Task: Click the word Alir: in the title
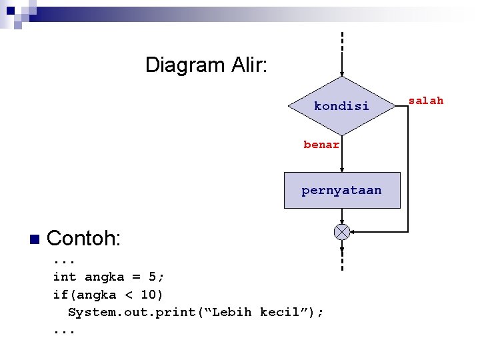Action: tap(247, 65)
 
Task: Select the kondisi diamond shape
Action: tap(341, 106)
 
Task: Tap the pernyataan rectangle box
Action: tap(341, 191)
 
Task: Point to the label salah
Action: tap(425, 101)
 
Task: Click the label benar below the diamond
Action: tap(321, 145)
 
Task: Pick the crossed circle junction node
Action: tap(341, 231)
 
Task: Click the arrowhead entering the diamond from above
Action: tap(341, 73)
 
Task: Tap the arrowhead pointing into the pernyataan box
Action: tap(341, 168)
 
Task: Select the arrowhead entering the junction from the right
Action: tap(353, 231)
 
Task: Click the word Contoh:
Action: tap(84, 238)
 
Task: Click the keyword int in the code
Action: tap(65, 277)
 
